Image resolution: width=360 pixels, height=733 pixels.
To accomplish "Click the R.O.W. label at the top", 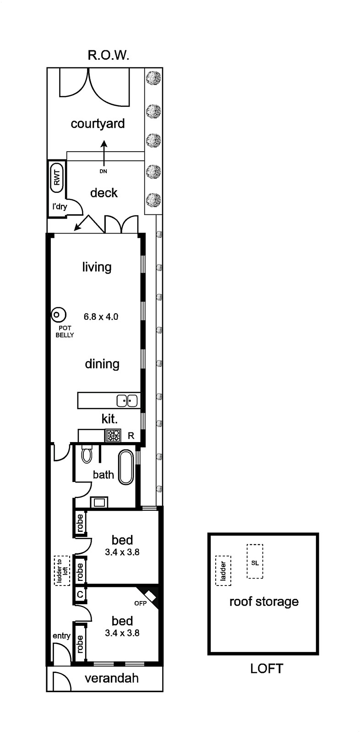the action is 109,55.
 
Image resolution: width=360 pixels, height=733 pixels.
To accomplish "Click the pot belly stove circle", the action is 59,315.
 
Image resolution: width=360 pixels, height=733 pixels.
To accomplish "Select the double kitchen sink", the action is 127,401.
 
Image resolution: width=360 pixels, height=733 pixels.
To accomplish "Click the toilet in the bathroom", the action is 87,454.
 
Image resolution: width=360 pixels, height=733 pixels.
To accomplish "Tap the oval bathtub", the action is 126,467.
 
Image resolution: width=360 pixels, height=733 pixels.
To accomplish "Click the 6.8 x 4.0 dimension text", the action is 101,317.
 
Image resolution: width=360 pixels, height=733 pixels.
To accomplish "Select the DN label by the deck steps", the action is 104,171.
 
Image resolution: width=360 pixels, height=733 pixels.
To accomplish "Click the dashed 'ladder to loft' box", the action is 62,570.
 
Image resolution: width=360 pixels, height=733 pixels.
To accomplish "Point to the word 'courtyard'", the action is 98,124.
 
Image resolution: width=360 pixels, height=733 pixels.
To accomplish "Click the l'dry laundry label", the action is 60,207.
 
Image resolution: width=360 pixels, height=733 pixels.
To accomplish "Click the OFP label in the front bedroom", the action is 141,603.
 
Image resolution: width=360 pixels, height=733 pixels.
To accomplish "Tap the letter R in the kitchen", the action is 131,436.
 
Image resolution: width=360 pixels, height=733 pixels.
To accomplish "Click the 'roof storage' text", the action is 264,602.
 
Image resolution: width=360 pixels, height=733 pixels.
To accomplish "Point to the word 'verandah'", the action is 112,678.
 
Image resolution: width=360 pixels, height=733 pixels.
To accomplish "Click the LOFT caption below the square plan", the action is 267,668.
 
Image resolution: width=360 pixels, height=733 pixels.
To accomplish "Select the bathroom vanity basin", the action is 99,502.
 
